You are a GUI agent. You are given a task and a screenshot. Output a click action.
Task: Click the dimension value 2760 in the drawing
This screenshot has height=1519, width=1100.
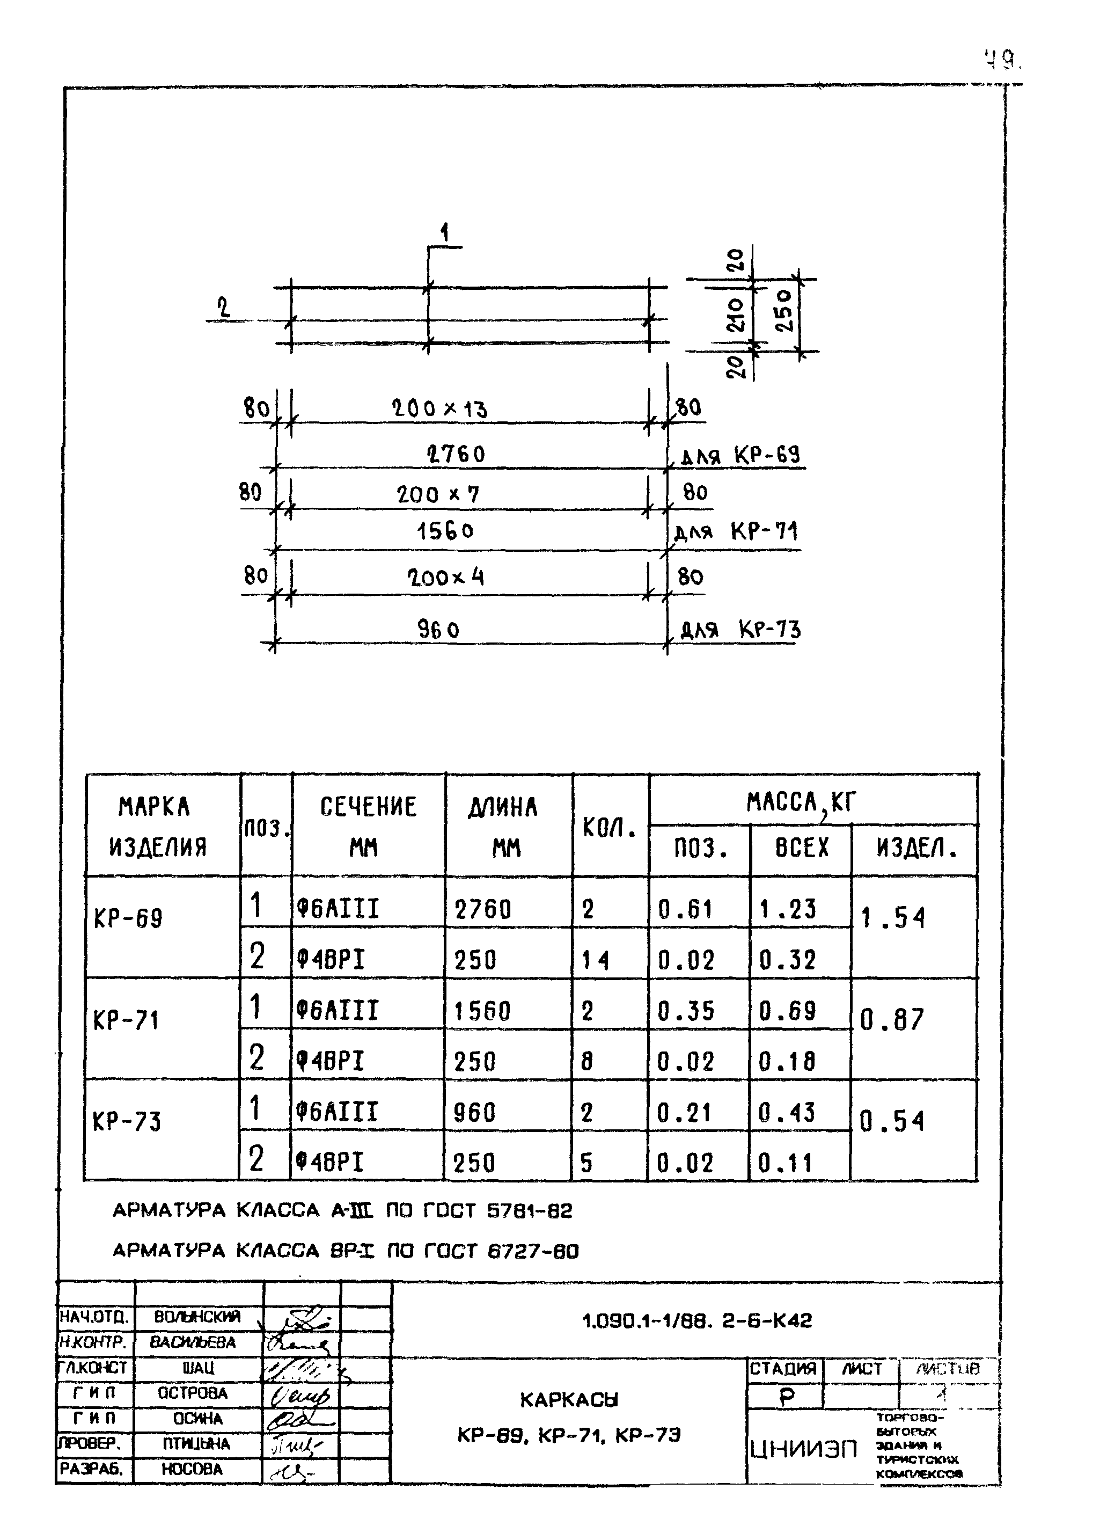tap(456, 455)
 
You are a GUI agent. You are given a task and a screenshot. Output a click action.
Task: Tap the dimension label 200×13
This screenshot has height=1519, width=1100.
tap(439, 408)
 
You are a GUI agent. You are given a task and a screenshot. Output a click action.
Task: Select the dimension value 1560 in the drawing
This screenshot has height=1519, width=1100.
tap(445, 532)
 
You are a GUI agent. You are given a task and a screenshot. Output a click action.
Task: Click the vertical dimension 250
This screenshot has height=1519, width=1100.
tap(784, 311)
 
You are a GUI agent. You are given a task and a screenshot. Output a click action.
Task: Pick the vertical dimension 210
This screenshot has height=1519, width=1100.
tap(735, 315)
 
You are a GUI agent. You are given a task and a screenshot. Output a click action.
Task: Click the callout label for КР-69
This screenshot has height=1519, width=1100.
tap(740, 457)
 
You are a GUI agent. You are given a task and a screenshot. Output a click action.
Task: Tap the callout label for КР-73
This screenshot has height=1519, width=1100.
tap(740, 630)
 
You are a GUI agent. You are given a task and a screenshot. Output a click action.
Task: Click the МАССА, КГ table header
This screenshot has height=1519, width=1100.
tap(802, 802)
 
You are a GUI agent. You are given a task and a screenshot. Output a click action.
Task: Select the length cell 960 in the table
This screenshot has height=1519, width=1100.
tap(475, 1113)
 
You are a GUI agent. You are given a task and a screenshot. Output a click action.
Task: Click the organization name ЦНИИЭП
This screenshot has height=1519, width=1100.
tap(802, 1449)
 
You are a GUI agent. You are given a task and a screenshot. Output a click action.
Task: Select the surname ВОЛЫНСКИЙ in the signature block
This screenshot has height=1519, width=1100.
tap(197, 1317)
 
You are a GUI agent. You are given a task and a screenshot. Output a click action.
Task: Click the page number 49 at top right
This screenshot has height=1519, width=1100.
tap(1002, 62)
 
